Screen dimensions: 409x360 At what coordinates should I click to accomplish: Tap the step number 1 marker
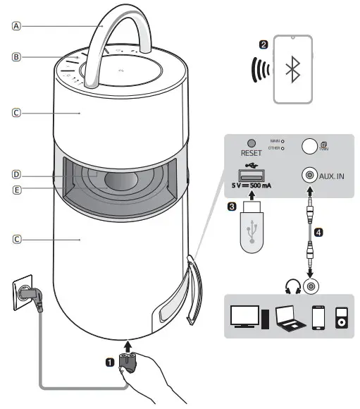[x=109, y=362]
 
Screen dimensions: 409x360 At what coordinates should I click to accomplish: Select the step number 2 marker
[x=263, y=44]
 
